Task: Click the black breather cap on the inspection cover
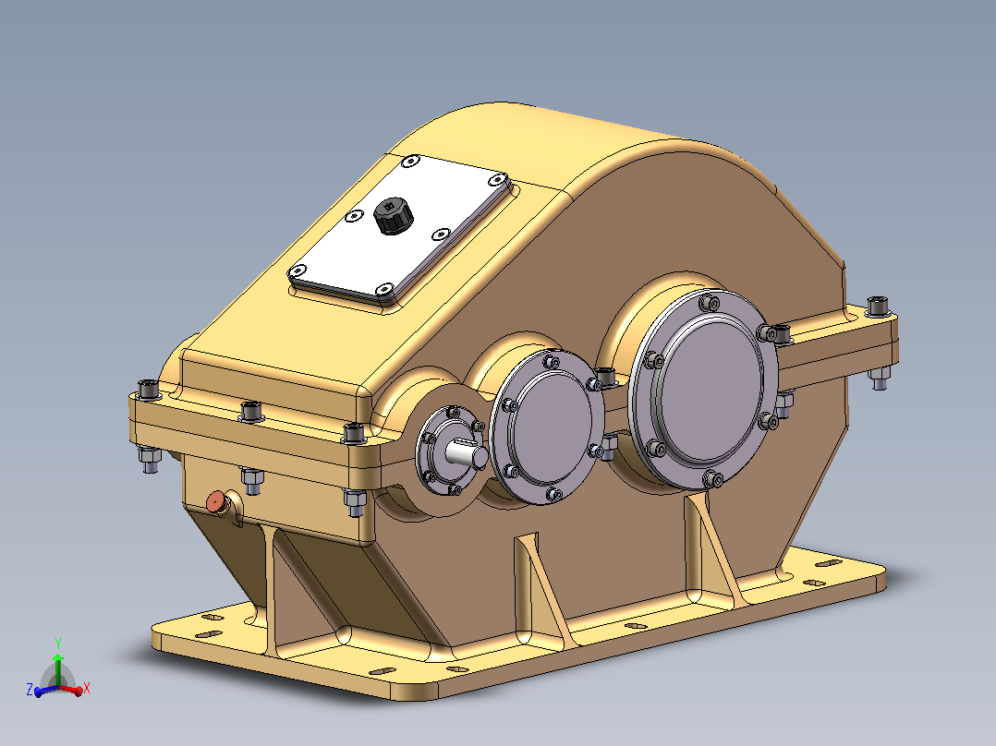pyautogui.click(x=394, y=215)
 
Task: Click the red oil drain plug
pyautogui.click(x=216, y=502)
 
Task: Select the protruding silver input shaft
pyautogui.click(x=467, y=454)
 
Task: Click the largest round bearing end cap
pyautogui.click(x=703, y=390)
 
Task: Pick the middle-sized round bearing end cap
pyautogui.click(x=547, y=427)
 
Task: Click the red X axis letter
pyautogui.click(x=87, y=688)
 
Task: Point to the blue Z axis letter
pyautogui.click(x=30, y=690)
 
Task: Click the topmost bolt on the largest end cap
pyautogui.click(x=711, y=303)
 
